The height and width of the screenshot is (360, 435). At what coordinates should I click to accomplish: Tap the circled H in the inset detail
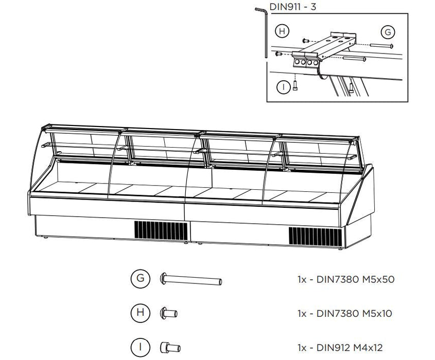[282, 31]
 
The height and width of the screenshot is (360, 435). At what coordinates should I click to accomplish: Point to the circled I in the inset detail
[283, 87]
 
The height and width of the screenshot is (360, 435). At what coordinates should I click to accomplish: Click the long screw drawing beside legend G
[192, 281]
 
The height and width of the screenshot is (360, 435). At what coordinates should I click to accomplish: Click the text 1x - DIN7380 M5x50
[346, 280]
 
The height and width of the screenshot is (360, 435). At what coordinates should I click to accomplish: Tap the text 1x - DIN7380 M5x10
[346, 313]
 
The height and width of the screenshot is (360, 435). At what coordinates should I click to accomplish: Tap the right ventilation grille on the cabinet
[316, 235]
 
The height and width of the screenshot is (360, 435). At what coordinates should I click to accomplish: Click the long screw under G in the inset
[380, 46]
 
